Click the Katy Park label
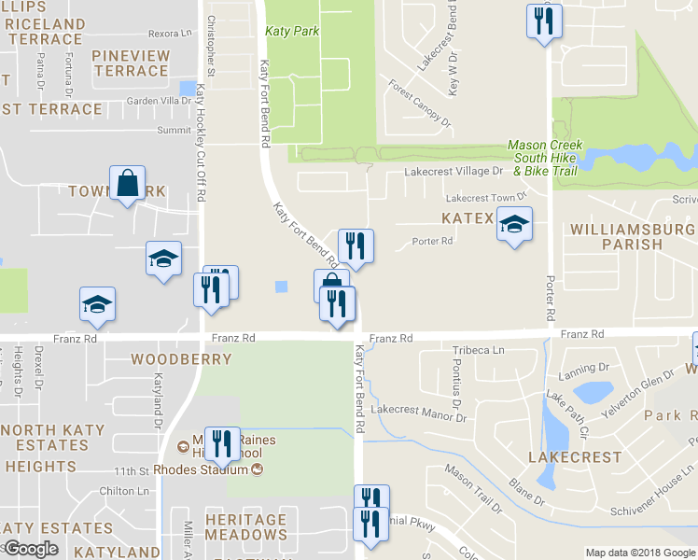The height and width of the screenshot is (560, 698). tap(292, 31)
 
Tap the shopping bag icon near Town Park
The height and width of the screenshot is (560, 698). tap(128, 184)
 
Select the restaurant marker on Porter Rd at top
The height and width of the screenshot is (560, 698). tap(543, 21)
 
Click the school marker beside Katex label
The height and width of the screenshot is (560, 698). tap(513, 225)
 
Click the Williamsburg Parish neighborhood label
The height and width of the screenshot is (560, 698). tap(631, 236)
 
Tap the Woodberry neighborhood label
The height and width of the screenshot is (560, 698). tap(168, 359)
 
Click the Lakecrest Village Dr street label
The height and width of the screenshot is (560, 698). tap(453, 172)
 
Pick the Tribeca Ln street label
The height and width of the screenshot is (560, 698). tap(478, 350)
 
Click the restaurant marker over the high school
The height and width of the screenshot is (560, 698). tap(220, 443)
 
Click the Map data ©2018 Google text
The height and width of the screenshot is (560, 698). tap(639, 553)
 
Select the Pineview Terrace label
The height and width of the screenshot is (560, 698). tap(131, 63)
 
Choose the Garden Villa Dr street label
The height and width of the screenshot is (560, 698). tap(159, 101)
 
